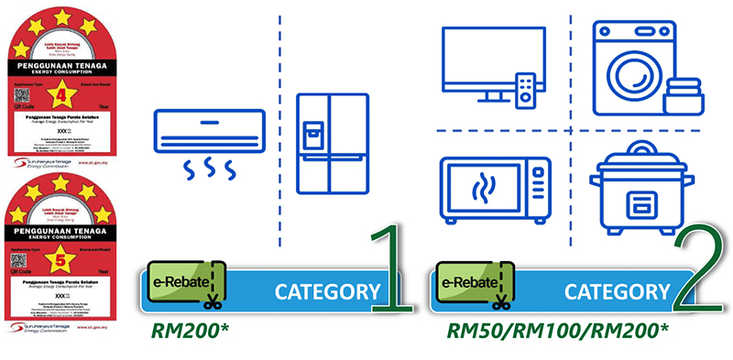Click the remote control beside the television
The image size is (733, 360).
coord(526,89)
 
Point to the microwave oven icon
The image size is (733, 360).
coord(496,189)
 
